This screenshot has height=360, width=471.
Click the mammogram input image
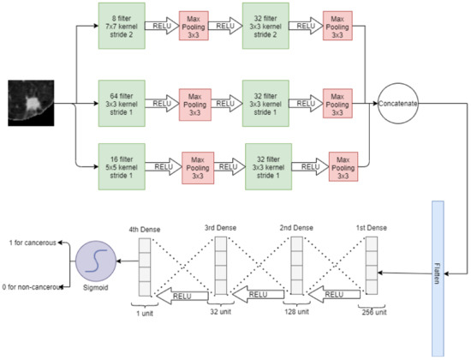[31, 102]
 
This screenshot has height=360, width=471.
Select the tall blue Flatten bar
[438, 278]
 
